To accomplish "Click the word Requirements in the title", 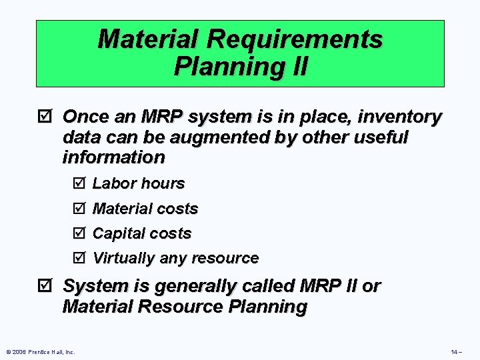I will point(295,39).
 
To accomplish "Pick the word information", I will point(113,157).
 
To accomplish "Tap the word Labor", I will point(112,183).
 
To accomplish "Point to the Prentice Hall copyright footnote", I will point(39,351).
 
